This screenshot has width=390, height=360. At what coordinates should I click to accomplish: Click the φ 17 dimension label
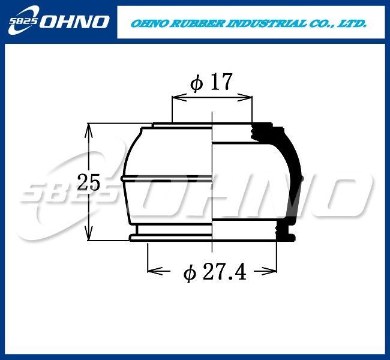click(x=211, y=82)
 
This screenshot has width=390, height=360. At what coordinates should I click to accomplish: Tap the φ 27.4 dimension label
click(x=215, y=272)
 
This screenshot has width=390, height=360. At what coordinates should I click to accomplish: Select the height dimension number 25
click(x=88, y=182)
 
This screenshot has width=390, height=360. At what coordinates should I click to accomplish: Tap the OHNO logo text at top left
click(x=74, y=22)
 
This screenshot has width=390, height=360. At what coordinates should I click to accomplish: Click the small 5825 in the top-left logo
click(x=23, y=21)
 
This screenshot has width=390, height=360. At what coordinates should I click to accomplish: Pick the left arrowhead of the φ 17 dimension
click(x=179, y=98)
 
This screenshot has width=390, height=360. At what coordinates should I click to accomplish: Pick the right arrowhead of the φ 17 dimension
click(x=245, y=98)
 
